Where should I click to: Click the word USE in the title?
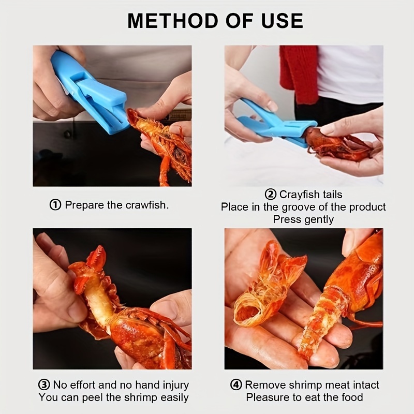pyautogui.click(x=282, y=21)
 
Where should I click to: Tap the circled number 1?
pyautogui.click(x=55, y=205)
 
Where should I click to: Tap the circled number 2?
pyautogui.click(x=270, y=195)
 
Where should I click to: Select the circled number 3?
pyautogui.click(x=44, y=385)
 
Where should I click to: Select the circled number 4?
pyautogui.click(x=236, y=385)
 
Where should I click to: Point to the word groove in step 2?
pyautogui.click(x=299, y=207)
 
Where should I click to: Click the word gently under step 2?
pyautogui.click(x=319, y=219)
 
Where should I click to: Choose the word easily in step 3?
pyautogui.click(x=174, y=397)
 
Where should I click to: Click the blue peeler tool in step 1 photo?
pyautogui.click(x=90, y=91)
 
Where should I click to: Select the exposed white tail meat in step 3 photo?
pyautogui.click(x=98, y=299)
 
